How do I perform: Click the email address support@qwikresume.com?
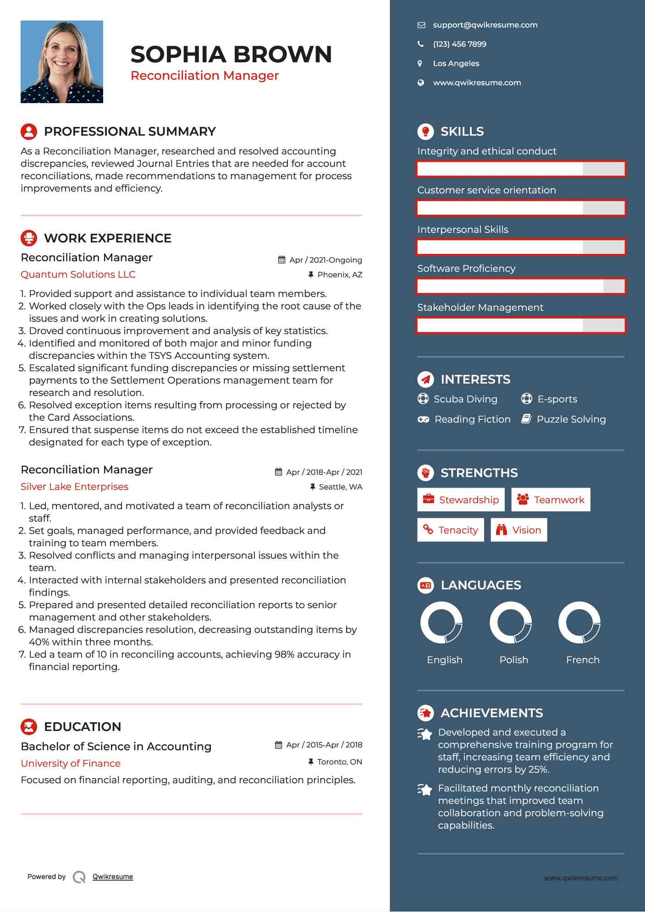coord(485,25)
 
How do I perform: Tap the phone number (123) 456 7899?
coord(459,44)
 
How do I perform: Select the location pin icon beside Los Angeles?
coord(420,64)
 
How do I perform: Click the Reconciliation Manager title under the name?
coord(204,76)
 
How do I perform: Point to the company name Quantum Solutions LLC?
coord(78,275)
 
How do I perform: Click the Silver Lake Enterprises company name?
coord(74,487)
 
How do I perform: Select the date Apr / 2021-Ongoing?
coord(325,260)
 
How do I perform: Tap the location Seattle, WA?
coord(340,487)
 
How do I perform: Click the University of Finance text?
coord(71,764)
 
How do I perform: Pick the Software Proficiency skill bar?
coord(521,286)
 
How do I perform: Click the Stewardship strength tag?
coord(461,500)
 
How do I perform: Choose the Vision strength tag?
coord(519,530)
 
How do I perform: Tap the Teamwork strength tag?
coord(551,500)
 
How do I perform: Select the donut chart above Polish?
coord(511,623)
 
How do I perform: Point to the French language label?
coord(583,660)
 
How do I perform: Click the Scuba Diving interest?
coord(465,399)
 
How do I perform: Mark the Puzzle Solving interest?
coord(571,419)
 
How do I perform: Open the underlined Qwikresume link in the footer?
coord(113,877)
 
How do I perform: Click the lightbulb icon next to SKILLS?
coord(426,132)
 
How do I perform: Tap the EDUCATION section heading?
coord(83,727)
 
